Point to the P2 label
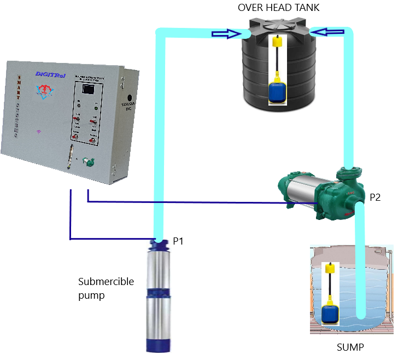(x=375, y=198)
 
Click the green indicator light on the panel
(x=79, y=103)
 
